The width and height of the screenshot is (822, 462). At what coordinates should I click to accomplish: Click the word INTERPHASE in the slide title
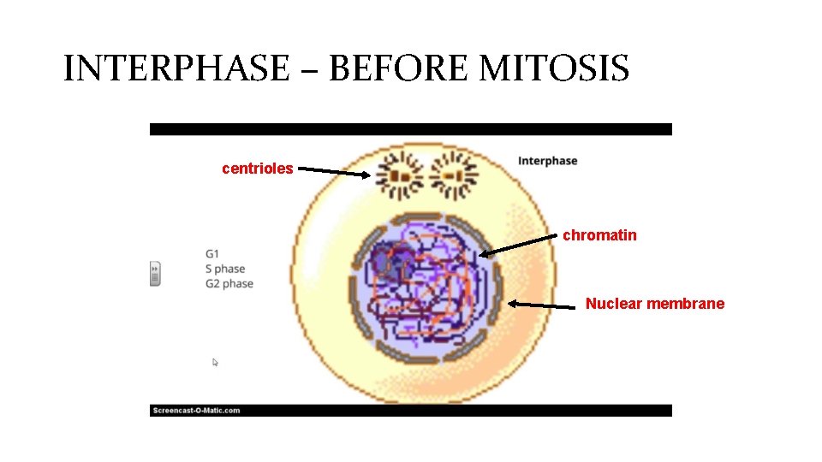[176, 68]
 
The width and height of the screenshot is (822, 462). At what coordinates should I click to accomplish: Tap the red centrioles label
[257, 169]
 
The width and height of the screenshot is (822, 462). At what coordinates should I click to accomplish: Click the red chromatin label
[599, 235]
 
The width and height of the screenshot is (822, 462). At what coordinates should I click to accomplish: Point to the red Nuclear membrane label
[654, 304]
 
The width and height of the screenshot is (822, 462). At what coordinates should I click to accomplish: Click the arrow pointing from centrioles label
[335, 173]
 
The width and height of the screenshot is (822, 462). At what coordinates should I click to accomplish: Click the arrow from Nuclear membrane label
[543, 304]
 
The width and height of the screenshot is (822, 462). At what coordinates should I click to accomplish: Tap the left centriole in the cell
[401, 175]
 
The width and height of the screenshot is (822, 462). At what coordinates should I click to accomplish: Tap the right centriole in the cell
[453, 175]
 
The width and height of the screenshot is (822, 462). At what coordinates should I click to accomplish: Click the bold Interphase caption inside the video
[548, 161]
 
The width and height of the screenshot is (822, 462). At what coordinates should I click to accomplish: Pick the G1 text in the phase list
[212, 253]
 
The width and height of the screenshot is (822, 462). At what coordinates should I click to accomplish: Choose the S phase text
[225, 269]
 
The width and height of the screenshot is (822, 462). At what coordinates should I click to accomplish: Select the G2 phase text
[229, 284]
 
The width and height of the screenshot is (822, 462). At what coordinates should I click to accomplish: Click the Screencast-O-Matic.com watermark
[196, 411]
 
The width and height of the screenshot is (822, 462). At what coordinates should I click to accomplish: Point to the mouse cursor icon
[216, 363]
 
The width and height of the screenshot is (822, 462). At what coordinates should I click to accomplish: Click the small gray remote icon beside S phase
[155, 274]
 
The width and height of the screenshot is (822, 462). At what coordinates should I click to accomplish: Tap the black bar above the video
[411, 129]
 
